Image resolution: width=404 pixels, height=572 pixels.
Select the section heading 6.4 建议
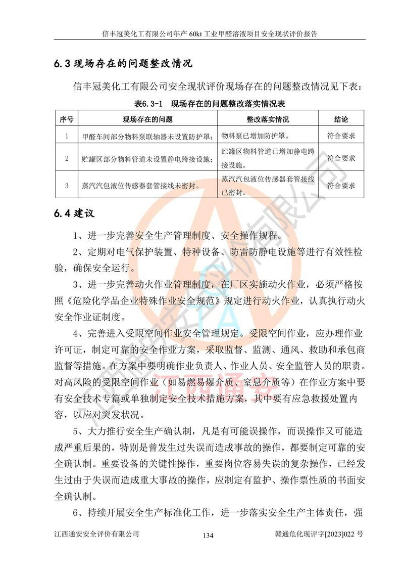coord(74,213)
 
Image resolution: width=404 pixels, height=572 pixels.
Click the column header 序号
coord(67,119)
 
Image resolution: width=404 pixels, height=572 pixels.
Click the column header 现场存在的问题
coord(147,119)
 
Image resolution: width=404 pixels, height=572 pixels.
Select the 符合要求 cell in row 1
coord(341,136)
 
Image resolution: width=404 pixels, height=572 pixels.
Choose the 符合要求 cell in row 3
coord(341,186)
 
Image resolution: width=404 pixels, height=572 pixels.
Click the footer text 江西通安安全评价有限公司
coord(96,534)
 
